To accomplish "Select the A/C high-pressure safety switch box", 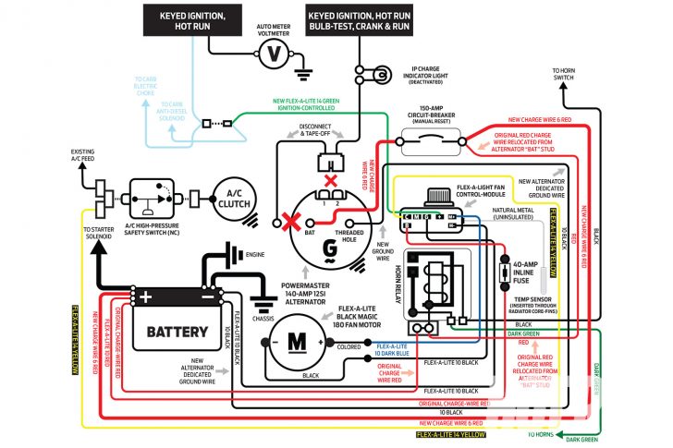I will coord(155,198).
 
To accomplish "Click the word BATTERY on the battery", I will coord(171,330).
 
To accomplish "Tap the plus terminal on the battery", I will coord(145,297).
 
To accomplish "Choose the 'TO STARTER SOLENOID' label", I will coord(101,233).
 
